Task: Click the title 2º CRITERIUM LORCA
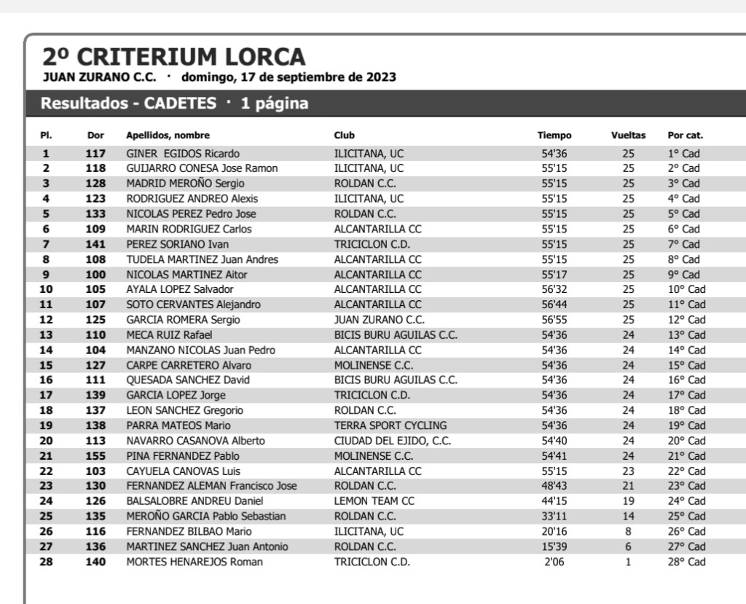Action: (x=174, y=57)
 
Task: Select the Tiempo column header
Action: (x=554, y=136)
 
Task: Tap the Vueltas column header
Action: (x=628, y=136)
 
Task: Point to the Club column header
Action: (x=345, y=136)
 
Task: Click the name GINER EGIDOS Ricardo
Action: (x=183, y=154)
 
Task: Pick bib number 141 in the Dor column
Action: (x=95, y=244)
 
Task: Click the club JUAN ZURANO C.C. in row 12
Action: (x=380, y=320)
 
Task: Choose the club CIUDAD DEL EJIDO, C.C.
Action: (x=393, y=441)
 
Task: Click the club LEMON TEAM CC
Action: (x=374, y=501)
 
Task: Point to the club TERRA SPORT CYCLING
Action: (x=390, y=425)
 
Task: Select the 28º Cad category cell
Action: (x=686, y=562)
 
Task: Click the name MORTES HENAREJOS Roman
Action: (x=195, y=562)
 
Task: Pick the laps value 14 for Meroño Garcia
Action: (x=628, y=517)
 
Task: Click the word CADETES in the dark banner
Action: (x=180, y=103)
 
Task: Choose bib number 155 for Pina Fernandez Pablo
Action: (x=95, y=456)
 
